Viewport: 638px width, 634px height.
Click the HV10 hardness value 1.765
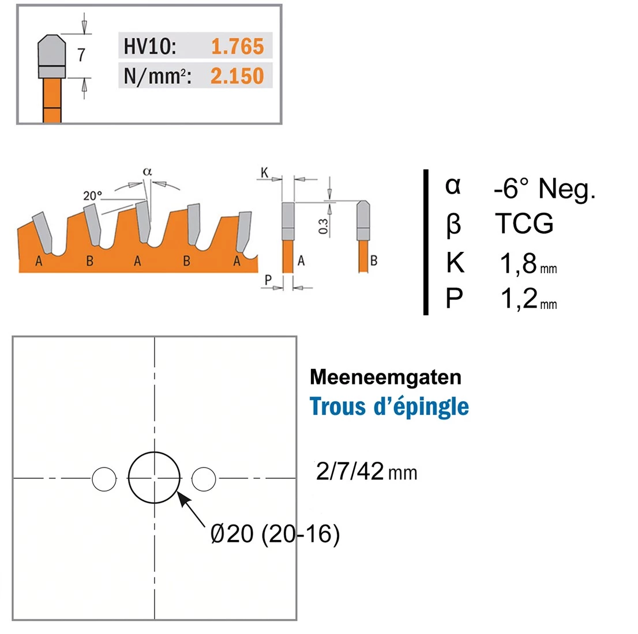(237, 47)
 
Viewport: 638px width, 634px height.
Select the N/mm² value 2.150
(237, 76)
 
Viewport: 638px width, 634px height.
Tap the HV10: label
(149, 47)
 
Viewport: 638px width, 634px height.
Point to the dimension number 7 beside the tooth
(81, 55)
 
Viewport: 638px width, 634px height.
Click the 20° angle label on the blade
(92, 196)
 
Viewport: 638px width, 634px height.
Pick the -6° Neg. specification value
(544, 188)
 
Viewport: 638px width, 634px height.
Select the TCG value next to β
(524, 224)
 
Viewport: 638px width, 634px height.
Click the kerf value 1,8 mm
(527, 263)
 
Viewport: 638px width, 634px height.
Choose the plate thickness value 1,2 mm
(527, 299)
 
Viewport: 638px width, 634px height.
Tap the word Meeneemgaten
(385, 377)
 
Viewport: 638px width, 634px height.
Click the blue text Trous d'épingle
(389, 406)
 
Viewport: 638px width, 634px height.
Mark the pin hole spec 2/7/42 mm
(366, 472)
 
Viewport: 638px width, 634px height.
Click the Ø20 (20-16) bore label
(275, 534)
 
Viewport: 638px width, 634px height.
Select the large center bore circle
(155, 478)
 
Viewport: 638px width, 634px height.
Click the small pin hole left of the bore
(104, 478)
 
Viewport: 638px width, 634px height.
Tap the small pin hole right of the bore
(204, 478)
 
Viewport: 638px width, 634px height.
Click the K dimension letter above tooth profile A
(265, 172)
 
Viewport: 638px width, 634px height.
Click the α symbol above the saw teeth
(147, 171)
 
